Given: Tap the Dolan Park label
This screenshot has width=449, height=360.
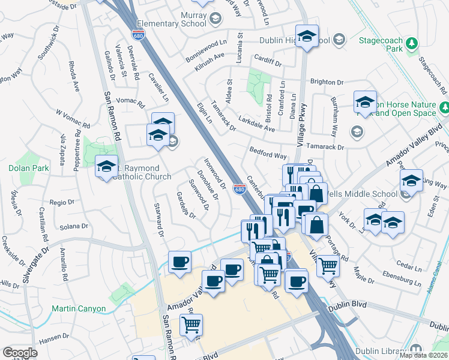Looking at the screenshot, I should click(x=29, y=169).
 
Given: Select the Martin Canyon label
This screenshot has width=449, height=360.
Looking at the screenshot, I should click(x=79, y=309).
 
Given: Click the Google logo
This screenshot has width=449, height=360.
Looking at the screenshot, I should click(x=20, y=353).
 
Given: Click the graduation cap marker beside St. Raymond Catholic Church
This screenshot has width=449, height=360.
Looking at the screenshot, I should click(x=106, y=166).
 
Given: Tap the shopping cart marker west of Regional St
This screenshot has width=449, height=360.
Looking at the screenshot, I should click(x=191, y=325).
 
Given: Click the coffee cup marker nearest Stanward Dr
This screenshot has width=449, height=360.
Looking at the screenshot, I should click(x=179, y=262).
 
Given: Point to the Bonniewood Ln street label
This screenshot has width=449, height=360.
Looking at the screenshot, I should click(x=206, y=46).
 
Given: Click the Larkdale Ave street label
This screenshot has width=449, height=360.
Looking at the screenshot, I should click(x=256, y=124).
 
